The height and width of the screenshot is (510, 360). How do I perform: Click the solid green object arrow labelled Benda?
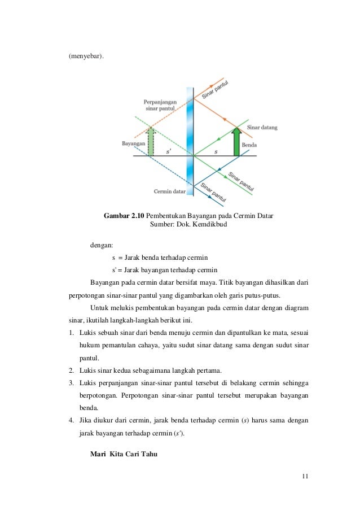coord(236,142)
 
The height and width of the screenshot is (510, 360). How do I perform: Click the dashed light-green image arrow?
coord(150,142)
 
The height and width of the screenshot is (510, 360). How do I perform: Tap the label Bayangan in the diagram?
coord(133,145)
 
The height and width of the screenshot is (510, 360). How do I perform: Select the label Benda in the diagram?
coord(249,145)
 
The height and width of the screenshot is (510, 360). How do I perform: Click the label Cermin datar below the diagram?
coord(170,191)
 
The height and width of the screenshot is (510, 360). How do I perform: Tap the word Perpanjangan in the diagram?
coord(160,102)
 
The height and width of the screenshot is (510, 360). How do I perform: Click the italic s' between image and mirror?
coord(169,151)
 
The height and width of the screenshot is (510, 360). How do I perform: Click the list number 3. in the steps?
coord(72,382)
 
